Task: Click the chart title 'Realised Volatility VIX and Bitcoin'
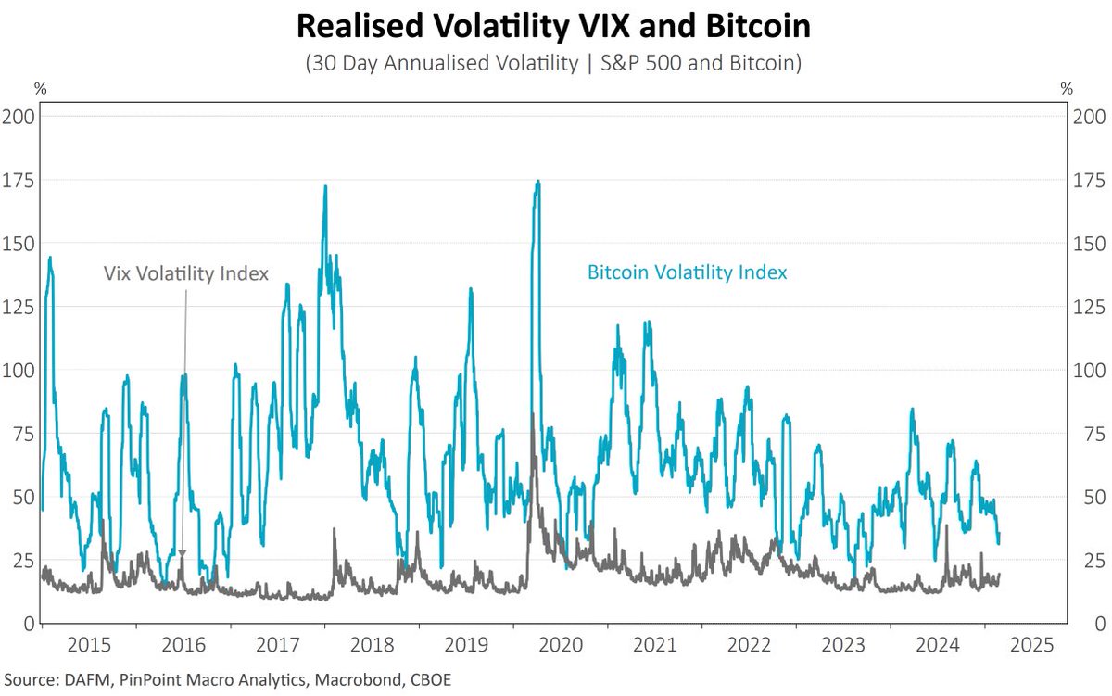tap(553, 27)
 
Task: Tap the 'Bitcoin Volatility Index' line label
tap(687, 272)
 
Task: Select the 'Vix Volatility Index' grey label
tap(185, 273)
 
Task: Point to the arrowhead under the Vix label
tap(183, 553)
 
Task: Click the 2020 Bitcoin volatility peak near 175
tap(537, 183)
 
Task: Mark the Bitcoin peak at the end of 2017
tap(325, 188)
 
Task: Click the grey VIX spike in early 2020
tap(532, 417)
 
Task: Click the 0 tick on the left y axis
tap(28, 623)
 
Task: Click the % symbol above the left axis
tap(40, 90)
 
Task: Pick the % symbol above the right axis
tap(1067, 90)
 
